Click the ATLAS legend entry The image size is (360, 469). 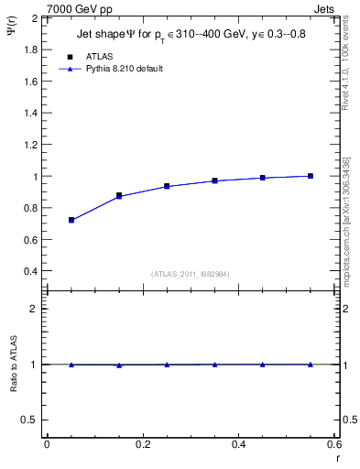(x=99, y=56)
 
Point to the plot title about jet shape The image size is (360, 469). (x=190, y=35)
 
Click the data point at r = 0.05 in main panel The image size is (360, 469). (x=71, y=220)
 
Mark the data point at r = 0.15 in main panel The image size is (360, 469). (x=119, y=195)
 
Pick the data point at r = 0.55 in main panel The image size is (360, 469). (x=311, y=176)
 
